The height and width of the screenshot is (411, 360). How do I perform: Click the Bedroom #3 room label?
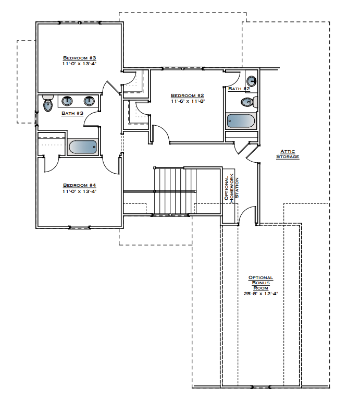[79, 57]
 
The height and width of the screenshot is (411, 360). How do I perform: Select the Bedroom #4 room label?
[79, 185]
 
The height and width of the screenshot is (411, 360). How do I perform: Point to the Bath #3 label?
[72, 113]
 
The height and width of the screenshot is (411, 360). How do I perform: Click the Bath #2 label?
[239, 89]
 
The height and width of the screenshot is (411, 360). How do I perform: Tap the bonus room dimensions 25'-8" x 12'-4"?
[260, 294]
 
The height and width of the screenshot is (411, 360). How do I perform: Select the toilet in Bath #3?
[48, 104]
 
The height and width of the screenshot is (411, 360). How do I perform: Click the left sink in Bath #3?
[67, 101]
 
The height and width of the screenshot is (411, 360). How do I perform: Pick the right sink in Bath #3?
[89, 101]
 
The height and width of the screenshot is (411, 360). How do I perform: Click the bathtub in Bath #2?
[241, 121]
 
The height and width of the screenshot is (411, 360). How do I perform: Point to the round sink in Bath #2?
[251, 81]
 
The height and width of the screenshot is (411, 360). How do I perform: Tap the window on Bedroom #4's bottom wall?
[80, 227]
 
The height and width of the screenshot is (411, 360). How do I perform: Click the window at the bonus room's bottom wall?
[260, 387]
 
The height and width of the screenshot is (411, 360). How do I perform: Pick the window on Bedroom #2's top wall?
[182, 68]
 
